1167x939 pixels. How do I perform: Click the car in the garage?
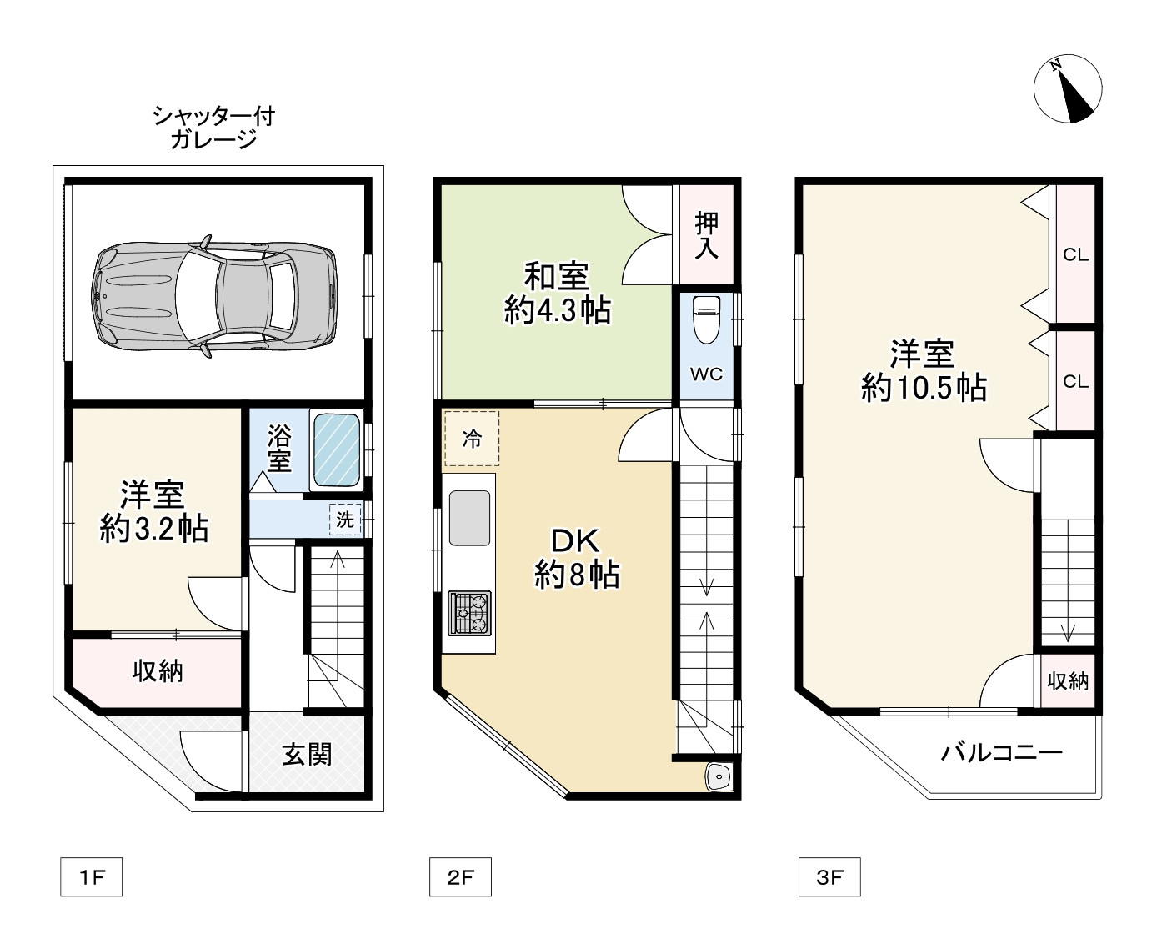(213, 296)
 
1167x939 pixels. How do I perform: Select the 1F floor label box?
(91, 876)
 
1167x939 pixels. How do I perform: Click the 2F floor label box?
(460, 876)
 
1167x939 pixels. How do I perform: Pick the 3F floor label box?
(829, 876)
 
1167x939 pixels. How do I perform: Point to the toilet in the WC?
(706, 319)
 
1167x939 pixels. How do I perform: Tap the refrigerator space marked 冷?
(471, 439)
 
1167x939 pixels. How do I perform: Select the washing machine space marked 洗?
(345, 520)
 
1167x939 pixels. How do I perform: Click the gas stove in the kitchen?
(469, 613)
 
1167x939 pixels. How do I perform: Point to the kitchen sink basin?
(469, 518)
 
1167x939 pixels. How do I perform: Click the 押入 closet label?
(707, 235)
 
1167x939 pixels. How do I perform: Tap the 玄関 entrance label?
(307, 755)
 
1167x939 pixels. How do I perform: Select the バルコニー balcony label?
(1001, 753)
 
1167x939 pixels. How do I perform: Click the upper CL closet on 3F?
(1075, 254)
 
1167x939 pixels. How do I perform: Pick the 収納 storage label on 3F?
(1068, 680)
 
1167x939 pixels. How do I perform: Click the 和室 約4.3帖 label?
(558, 293)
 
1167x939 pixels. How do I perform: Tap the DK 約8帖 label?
(577, 558)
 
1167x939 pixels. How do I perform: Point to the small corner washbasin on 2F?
(719, 777)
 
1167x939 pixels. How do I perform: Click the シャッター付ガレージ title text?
(213, 128)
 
